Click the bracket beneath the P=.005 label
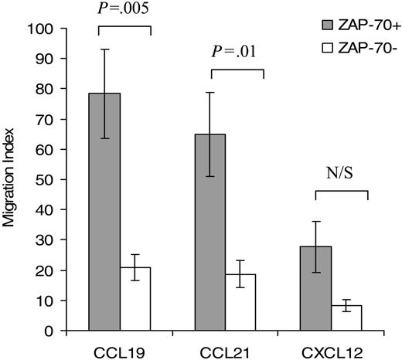click(124, 28)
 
